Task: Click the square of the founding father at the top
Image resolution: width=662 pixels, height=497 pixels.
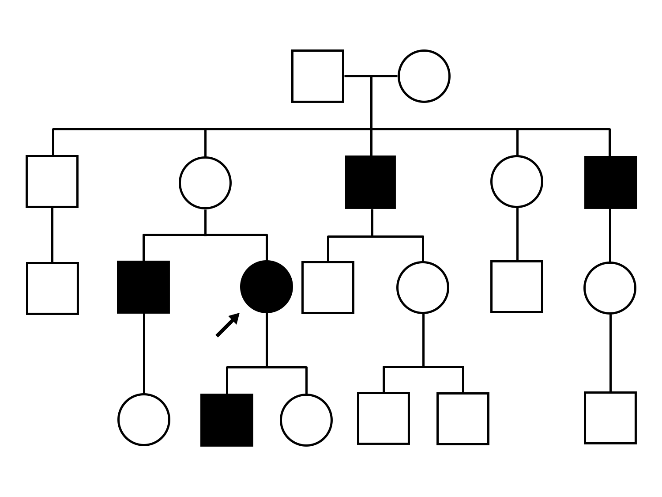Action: point(318,76)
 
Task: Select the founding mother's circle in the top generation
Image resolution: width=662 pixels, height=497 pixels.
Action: point(424,76)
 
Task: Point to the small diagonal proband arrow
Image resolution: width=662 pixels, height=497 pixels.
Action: point(227,325)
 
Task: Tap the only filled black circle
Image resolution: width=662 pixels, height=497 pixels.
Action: point(267,287)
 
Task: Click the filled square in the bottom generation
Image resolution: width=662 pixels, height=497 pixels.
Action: point(227,420)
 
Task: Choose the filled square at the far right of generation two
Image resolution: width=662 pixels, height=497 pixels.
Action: point(610,182)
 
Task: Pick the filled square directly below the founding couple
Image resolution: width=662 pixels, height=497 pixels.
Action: point(371,182)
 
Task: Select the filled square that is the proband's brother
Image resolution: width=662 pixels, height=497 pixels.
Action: point(143,287)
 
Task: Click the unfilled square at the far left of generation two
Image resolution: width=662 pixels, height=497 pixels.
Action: point(52,181)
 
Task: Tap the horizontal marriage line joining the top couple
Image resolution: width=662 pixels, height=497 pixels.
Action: point(371,76)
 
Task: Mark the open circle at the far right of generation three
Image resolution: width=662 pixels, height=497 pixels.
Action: point(610,288)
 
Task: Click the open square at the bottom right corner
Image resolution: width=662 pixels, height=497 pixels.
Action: point(610,417)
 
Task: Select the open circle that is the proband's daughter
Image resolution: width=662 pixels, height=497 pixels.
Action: point(306,420)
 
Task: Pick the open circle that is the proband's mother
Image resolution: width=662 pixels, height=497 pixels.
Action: point(205,182)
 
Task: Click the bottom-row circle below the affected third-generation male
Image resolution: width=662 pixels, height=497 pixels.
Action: point(144,419)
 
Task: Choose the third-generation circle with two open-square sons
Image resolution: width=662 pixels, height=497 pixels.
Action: point(423,288)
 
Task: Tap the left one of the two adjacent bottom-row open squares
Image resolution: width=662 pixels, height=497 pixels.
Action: point(384,418)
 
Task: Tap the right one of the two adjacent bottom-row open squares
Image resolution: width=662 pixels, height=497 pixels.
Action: point(463,418)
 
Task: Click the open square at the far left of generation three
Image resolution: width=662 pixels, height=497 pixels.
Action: point(53,288)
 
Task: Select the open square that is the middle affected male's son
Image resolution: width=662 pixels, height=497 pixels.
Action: point(328,288)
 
